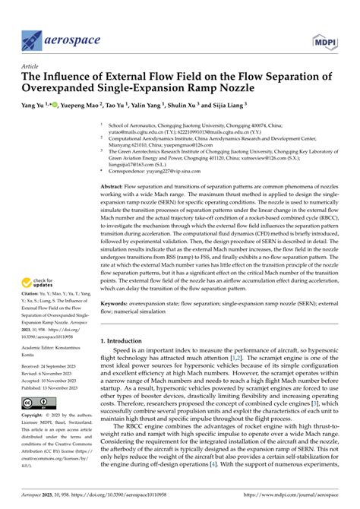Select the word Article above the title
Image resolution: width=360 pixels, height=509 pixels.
click(x=32, y=66)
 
